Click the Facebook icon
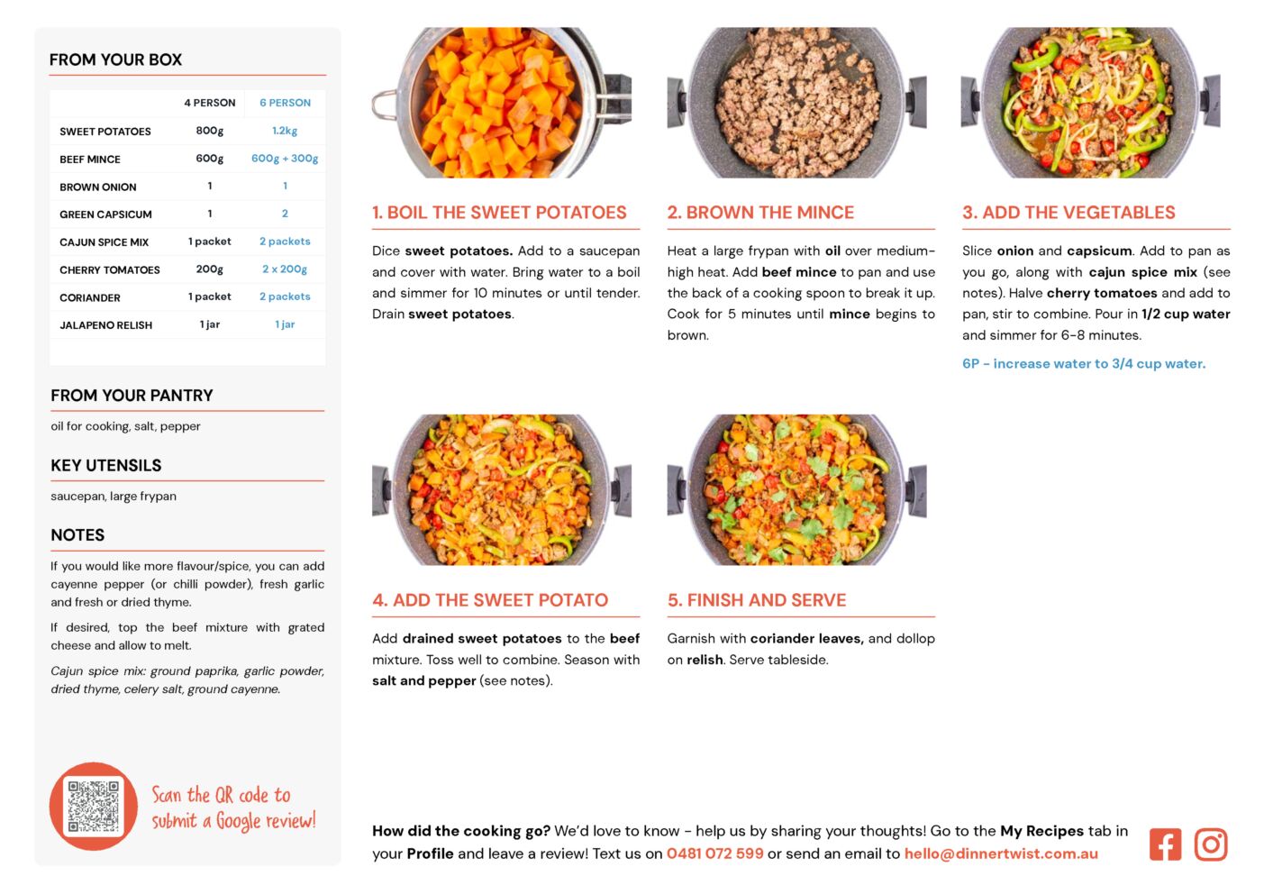1165,844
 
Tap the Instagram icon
1210,844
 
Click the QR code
94,806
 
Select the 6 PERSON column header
285,103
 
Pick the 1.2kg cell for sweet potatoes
285,131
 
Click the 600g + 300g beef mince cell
285,158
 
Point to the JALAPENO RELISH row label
106,325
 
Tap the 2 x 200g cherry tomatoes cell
285,269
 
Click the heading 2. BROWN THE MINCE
760,212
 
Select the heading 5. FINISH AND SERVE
756,600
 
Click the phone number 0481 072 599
714,853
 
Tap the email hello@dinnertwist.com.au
1001,853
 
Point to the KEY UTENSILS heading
106,465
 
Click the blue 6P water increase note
1084,363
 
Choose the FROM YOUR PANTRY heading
132,395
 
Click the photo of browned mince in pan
796,103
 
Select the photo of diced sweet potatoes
502,103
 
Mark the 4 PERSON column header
209,103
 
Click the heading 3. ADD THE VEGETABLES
1068,212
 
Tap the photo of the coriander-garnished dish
796,490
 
